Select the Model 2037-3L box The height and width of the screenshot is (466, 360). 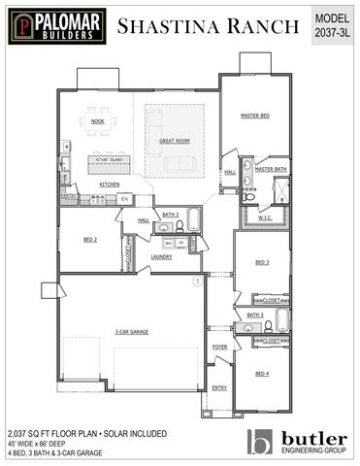click(333, 25)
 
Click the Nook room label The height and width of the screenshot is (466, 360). click(97, 121)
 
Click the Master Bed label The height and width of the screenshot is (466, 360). click(254, 116)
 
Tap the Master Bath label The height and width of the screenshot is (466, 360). click(271, 169)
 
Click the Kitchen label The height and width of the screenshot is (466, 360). click(109, 183)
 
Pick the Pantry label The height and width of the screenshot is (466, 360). click(69, 196)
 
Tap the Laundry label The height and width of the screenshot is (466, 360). click(161, 256)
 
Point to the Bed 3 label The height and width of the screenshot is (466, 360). click(262, 262)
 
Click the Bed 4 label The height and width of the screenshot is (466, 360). click(262, 373)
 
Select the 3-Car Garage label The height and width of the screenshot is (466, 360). click(130, 331)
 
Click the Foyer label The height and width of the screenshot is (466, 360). click(220, 346)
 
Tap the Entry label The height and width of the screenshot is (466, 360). click(219, 387)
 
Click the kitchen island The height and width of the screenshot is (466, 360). click(109, 159)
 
